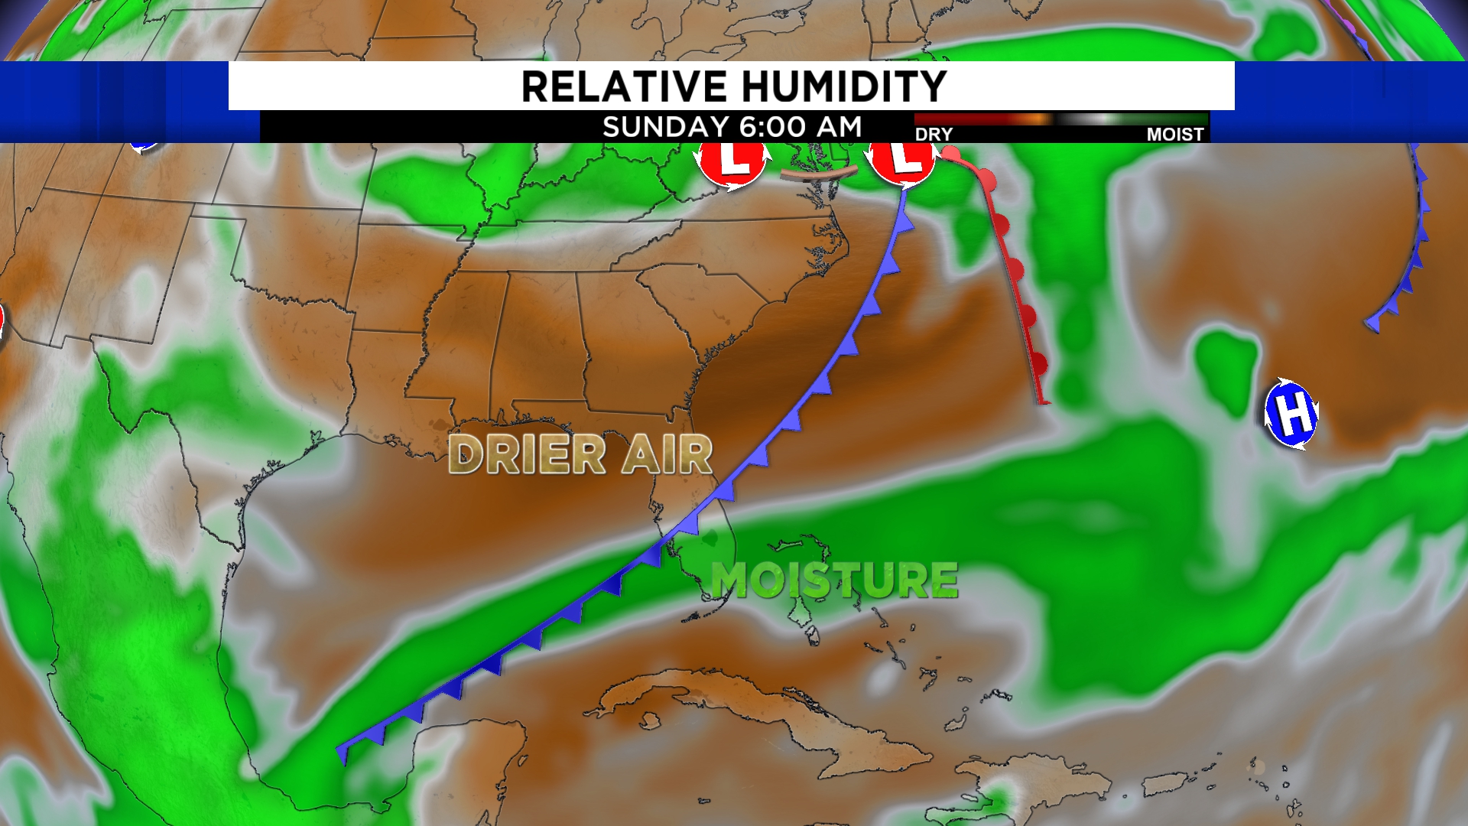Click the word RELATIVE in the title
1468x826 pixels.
(x=623, y=86)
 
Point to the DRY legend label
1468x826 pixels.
(x=934, y=135)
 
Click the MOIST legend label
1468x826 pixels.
(x=1175, y=135)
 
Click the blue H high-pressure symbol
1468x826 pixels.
(x=1291, y=414)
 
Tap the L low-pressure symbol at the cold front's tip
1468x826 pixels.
(x=903, y=161)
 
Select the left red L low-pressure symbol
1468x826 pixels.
(x=732, y=162)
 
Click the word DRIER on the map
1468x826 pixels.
(x=527, y=455)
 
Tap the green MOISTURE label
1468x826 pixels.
(x=834, y=580)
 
